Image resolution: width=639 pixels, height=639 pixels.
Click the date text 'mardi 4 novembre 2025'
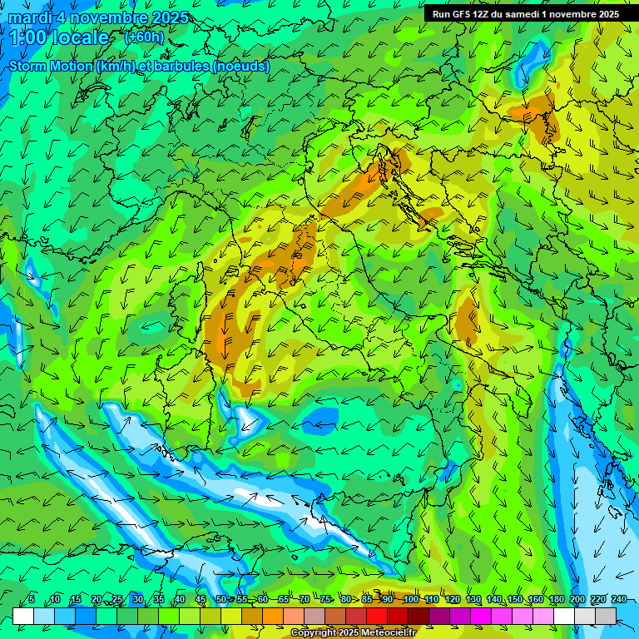click(98, 17)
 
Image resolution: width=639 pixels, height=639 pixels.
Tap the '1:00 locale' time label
click(59, 37)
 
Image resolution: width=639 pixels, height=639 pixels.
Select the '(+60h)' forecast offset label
click(144, 37)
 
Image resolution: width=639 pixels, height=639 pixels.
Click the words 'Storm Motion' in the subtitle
click(51, 67)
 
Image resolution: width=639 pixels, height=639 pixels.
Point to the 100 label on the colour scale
click(409, 600)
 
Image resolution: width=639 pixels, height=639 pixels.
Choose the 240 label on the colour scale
click(618, 600)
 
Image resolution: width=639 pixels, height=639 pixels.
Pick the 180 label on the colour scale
click(556, 600)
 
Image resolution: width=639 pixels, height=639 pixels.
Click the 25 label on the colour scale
click(117, 600)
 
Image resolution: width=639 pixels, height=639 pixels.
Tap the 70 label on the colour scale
click(305, 600)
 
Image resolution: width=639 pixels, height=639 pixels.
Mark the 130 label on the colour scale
click(473, 600)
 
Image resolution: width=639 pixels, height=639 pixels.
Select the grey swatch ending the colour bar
click(606, 616)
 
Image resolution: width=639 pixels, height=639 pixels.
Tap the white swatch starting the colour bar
click(23, 616)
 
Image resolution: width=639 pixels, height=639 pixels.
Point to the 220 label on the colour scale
click(597, 600)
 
